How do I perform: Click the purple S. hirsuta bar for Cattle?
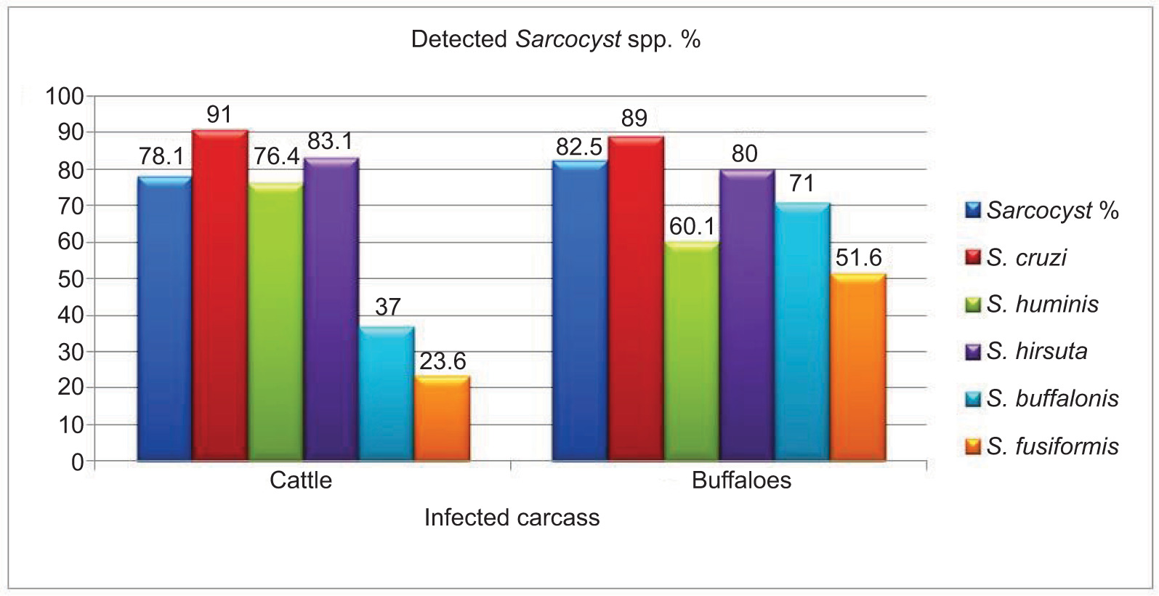331,310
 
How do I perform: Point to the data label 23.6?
443,361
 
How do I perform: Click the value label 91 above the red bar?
219,115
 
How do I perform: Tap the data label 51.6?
858,258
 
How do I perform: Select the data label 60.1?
692,227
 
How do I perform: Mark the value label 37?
387,307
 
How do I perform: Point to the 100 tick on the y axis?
65,96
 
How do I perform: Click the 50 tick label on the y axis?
70,279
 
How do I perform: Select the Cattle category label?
301,480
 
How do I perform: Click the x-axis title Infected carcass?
512,518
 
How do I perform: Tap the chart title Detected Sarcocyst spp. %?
555,39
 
